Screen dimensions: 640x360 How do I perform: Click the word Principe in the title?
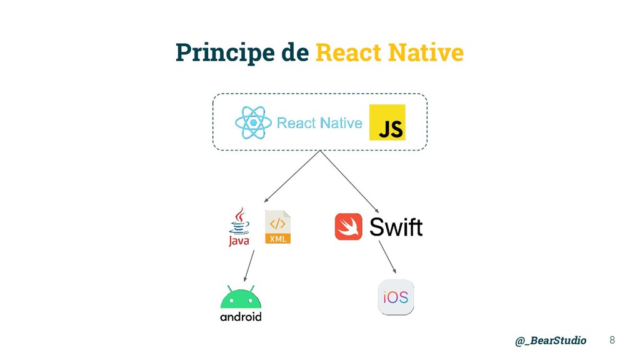pyautogui.click(x=224, y=53)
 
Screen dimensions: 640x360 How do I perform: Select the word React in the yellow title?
pyautogui.click(x=349, y=52)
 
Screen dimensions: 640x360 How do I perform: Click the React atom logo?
pyautogui.click(x=252, y=122)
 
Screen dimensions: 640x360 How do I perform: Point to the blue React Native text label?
pyautogui.click(x=319, y=123)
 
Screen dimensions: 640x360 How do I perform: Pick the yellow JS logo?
pyautogui.click(x=387, y=122)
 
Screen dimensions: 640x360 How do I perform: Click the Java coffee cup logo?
pyautogui.click(x=239, y=227)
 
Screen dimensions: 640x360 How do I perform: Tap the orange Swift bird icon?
pyautogui.click(x=348, y=226)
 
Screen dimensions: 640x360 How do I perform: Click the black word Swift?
pyautogui.click(x=396, y=227)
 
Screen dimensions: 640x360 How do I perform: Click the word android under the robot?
pyautogui.click(x=241, y=317)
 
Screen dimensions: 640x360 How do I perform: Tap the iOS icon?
pyautogui.click(x=396, y=297)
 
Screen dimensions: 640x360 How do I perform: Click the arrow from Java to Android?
pyautogui.click(x=249, y=266)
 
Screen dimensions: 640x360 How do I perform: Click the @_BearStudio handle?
pyautogui.click(x=551, y=341)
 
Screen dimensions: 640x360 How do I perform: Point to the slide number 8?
pyautogui.click(x=612, y=340)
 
